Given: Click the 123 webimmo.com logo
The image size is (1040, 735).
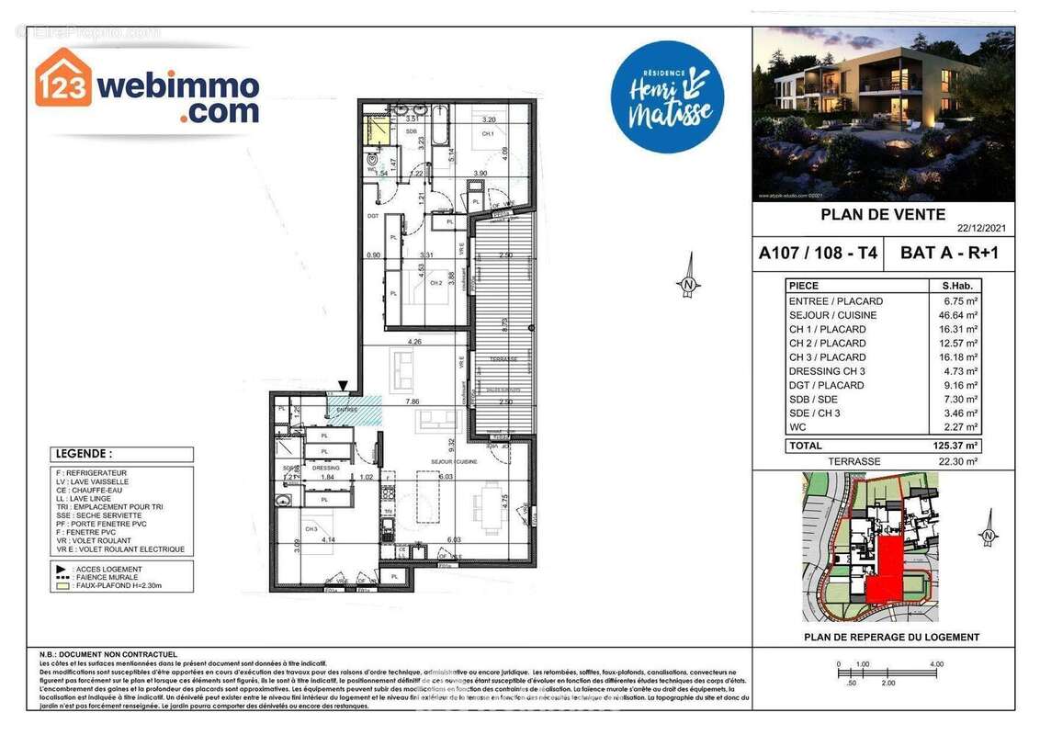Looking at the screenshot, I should click(147, 87).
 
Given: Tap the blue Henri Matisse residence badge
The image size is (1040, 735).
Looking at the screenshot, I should click(667, 97).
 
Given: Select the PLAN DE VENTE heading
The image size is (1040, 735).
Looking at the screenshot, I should click(883, 215).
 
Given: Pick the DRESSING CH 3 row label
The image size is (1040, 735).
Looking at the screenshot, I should click(827, 371).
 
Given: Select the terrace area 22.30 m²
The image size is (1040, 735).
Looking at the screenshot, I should click(955, 461).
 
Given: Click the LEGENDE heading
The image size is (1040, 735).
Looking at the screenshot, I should click(85, 454).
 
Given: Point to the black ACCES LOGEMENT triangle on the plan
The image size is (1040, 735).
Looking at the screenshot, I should click(343, 387).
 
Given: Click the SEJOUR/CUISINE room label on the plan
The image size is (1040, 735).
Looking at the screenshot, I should click(456, 460).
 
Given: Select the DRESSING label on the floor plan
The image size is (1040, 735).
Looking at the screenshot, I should click(326, 468).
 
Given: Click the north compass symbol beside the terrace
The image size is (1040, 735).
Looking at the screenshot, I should click(688, 285).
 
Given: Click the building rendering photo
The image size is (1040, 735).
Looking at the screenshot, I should click(883, 114).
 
